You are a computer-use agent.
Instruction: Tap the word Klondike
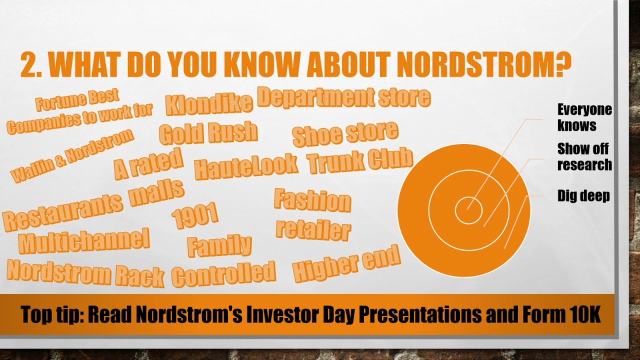(x=209, y=104)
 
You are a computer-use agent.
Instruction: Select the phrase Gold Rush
(x=208, y=132)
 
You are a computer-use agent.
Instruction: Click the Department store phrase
(x=344, y=97)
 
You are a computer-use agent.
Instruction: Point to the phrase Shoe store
(x=345, y=134)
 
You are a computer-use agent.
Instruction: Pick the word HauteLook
(x=246, y=166)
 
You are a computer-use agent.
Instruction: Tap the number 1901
(x=195, y=215)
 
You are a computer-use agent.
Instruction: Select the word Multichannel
(x=83, y=240)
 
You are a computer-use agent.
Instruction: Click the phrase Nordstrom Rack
(x=85, y=273)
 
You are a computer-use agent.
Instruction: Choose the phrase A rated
(x=148, y=164)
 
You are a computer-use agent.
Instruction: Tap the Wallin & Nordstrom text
(x=72, y=155)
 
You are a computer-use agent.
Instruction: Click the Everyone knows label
(x=584, y=117)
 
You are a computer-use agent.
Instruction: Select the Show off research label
(x=584, y=157)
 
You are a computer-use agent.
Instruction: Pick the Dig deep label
(x=583, y=196)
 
